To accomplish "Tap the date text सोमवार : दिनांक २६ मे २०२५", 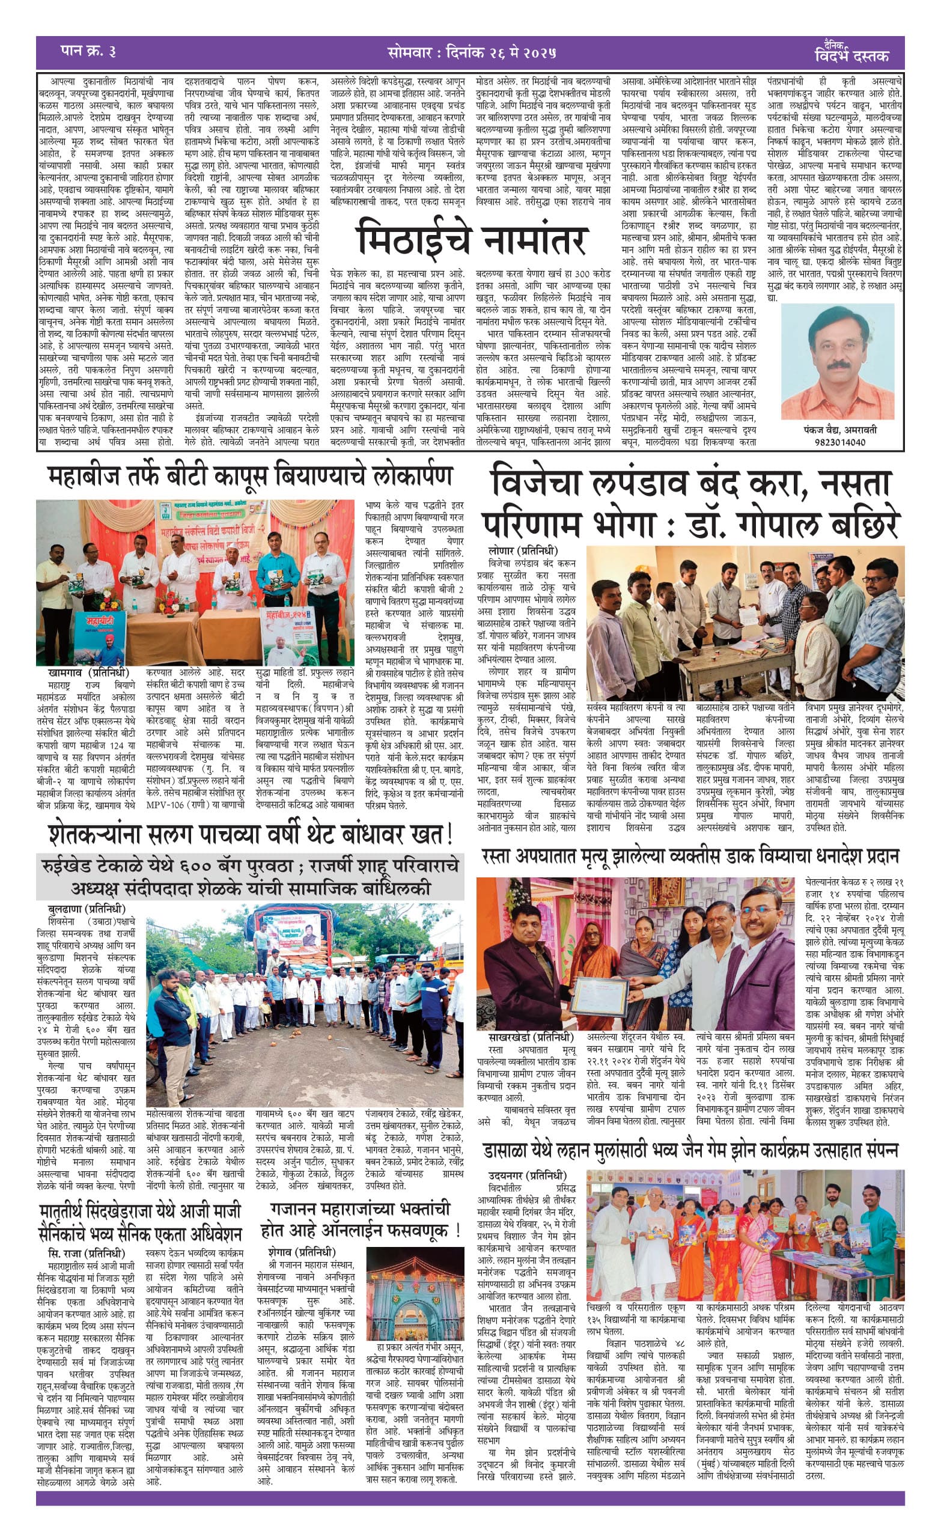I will (470, 52).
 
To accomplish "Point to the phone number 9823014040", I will (839, 442).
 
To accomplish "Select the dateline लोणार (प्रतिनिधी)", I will (523, 550).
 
